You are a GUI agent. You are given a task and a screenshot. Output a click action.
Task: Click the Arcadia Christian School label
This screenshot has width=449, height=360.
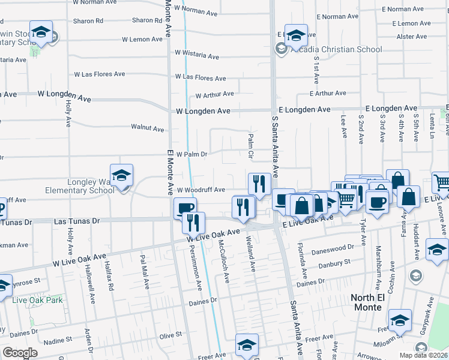point(336,49)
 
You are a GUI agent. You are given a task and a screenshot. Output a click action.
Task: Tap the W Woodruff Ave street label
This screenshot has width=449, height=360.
point(200,190)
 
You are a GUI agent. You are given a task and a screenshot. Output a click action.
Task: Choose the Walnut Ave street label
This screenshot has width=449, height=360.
point(148,128)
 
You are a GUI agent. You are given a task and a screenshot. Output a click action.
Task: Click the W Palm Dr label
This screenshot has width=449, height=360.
point(191,154)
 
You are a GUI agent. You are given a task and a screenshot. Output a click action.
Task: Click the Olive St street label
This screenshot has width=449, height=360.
point(170,335)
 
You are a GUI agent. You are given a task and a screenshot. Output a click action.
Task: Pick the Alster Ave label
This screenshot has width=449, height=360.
point(412,37)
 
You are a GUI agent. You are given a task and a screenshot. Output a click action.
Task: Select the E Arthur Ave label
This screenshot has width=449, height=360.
point(328,93)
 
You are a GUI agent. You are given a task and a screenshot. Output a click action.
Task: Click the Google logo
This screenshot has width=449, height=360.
point(20,353)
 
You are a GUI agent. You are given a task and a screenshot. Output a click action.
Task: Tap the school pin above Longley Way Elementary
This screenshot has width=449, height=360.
point(121,175)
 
